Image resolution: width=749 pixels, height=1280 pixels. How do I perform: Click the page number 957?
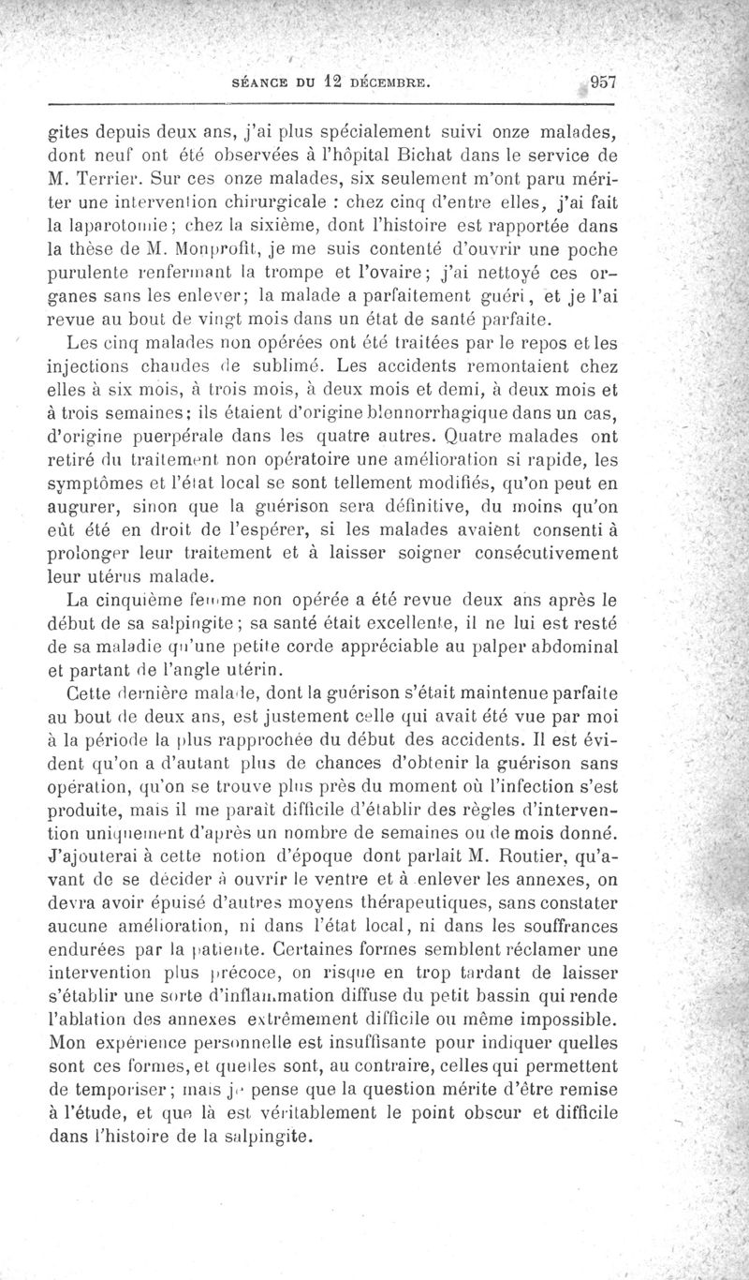[x=596, y=81]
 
